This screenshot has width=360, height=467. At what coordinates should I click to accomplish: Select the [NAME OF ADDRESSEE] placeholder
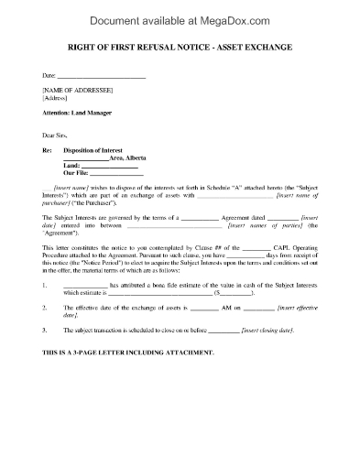78,89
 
